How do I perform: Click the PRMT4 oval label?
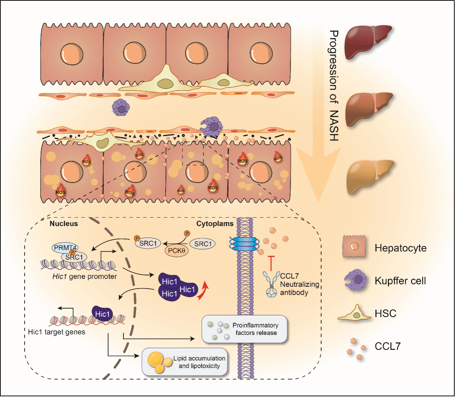(65, 248)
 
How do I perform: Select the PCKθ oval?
(176, 250)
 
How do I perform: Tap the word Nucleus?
(64, 224)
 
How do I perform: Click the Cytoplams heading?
(215, 224)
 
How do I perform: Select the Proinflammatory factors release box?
(244, 329)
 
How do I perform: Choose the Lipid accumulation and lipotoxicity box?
(185, 362)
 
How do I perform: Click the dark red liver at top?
(368, 41)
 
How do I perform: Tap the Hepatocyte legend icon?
(354, 246)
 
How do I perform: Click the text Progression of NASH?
(333, 86)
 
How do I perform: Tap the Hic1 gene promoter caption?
(84, 276)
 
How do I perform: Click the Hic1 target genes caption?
(56, 332)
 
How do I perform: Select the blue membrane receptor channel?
(244, 244)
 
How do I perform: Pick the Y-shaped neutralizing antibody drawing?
(271, 284)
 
